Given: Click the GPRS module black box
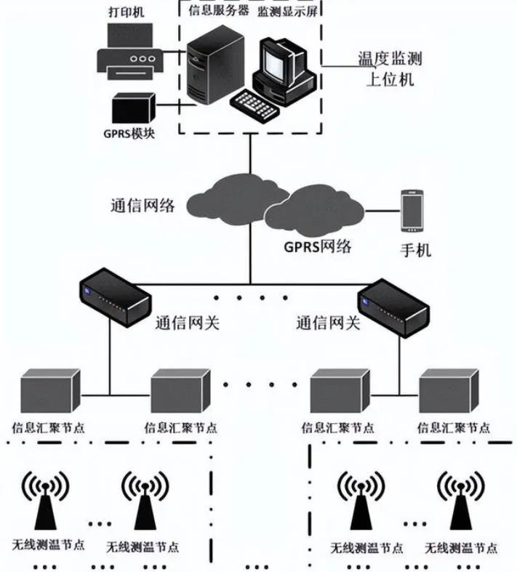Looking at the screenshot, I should [x=134, y=109].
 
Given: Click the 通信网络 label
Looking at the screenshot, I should [x=137, y=205].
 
